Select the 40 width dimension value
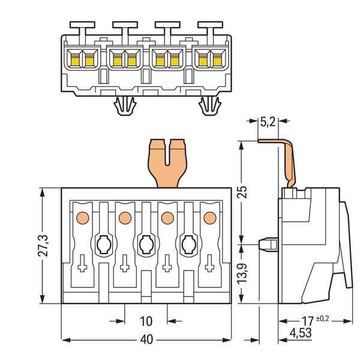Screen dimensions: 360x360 (146, 340)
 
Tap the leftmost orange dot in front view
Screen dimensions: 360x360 (82, 216)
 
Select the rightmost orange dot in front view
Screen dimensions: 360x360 (209, 216)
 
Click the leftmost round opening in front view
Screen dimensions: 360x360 (103, 244)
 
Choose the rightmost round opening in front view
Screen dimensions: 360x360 (188, 244)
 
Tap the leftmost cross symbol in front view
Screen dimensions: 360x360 (83, 265)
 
